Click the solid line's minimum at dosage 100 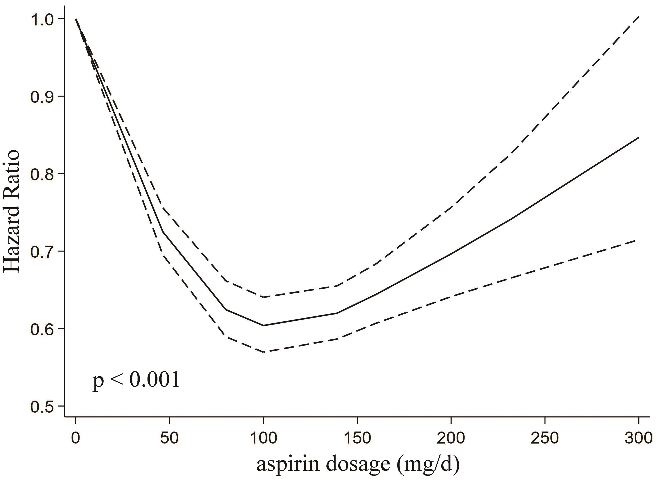pyautogui.click(x=264, y=325)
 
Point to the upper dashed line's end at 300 pyautogui.click(x=638, y=17)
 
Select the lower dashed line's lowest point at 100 pyautogui.click(x=264, y=352)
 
